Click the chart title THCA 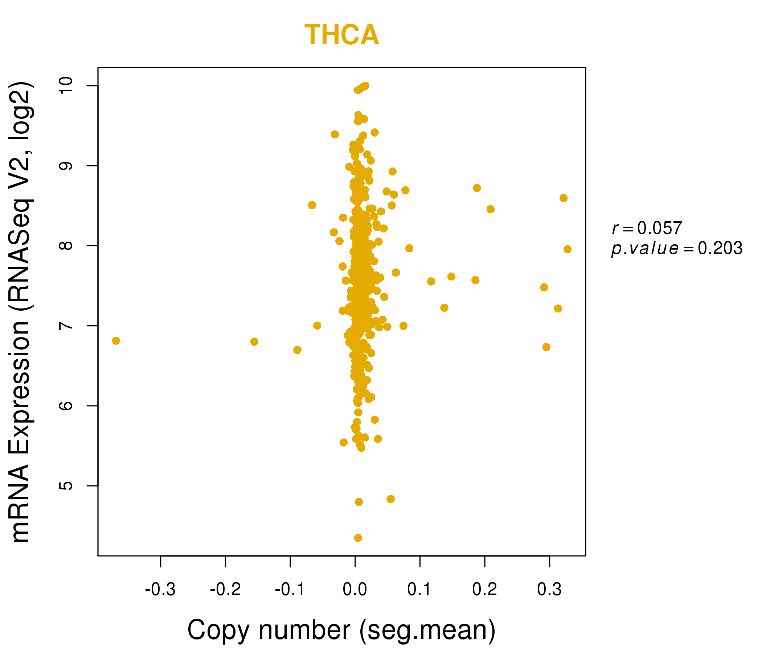pos(341,35)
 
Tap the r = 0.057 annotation pos(647,228)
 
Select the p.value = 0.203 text pos(677,249)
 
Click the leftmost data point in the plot pos(116,341)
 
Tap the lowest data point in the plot pos(358,538)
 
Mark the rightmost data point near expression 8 pos(568,249)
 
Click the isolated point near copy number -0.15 pos(254,342)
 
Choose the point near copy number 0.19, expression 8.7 pos(477,188)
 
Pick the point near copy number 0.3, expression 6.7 pos(546,347)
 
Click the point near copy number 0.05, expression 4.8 pos(390,499)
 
